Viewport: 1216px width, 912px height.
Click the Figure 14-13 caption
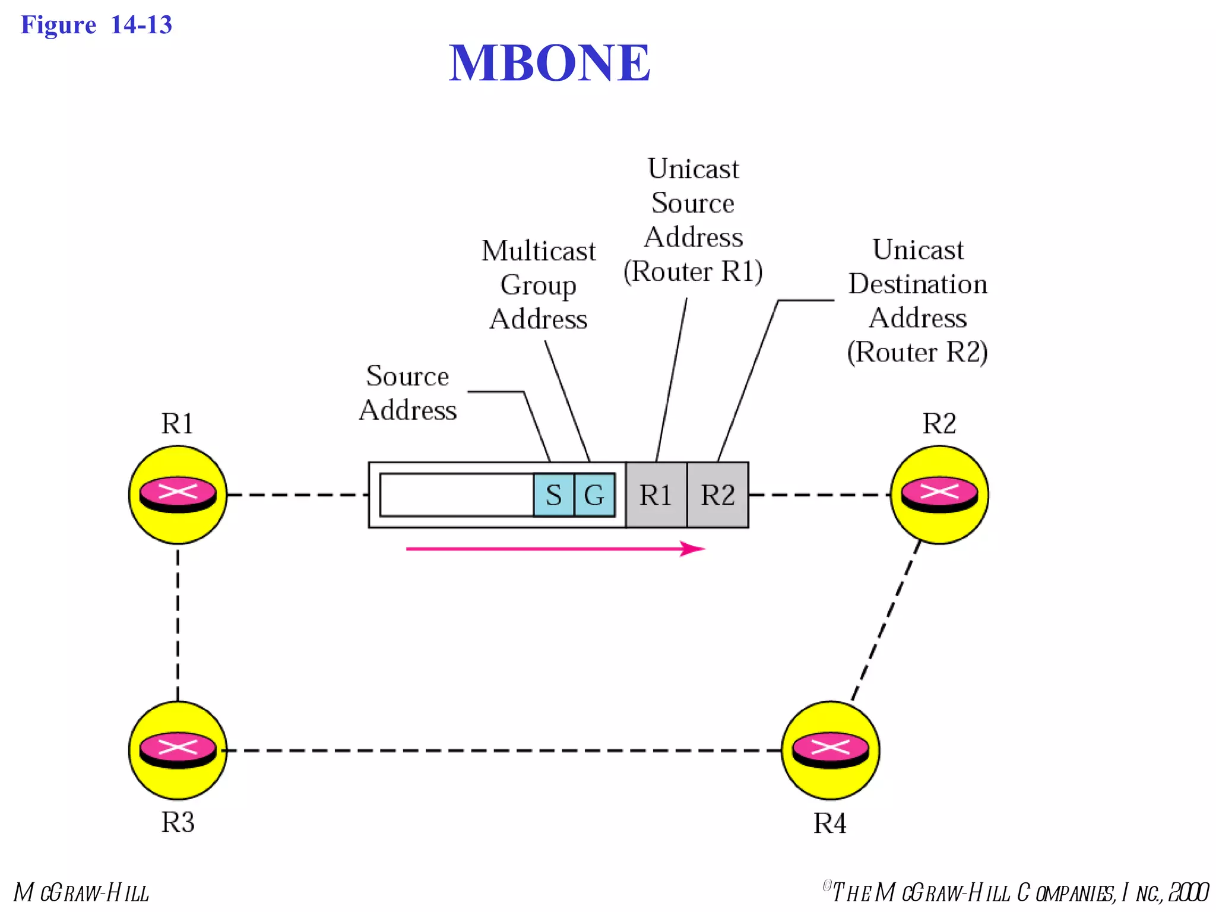pos(96,25)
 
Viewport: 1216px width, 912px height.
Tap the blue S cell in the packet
pos(553,495)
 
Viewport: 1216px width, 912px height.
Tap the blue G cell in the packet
pos(594,495)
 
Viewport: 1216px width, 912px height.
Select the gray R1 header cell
pos(656,495)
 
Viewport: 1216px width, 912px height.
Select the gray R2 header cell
pos(718,495)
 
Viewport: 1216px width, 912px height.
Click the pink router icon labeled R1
pos(178,494)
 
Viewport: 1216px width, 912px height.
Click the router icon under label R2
pos(939,494)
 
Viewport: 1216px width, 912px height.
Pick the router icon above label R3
pos(178,750)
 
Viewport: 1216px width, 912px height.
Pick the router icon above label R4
pos(830,750)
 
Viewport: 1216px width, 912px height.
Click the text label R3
pos(178,822)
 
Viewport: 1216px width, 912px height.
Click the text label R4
pos(829,824)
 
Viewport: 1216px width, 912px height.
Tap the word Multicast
pos(538,251)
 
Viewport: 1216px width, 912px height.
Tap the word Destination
pos(917,284)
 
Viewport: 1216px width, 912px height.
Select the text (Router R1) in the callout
pos(693,271)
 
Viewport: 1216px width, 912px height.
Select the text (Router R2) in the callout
pos(917,352)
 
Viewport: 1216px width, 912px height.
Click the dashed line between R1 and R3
pos(178,623)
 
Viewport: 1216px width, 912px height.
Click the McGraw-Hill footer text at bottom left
pos(81,892)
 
